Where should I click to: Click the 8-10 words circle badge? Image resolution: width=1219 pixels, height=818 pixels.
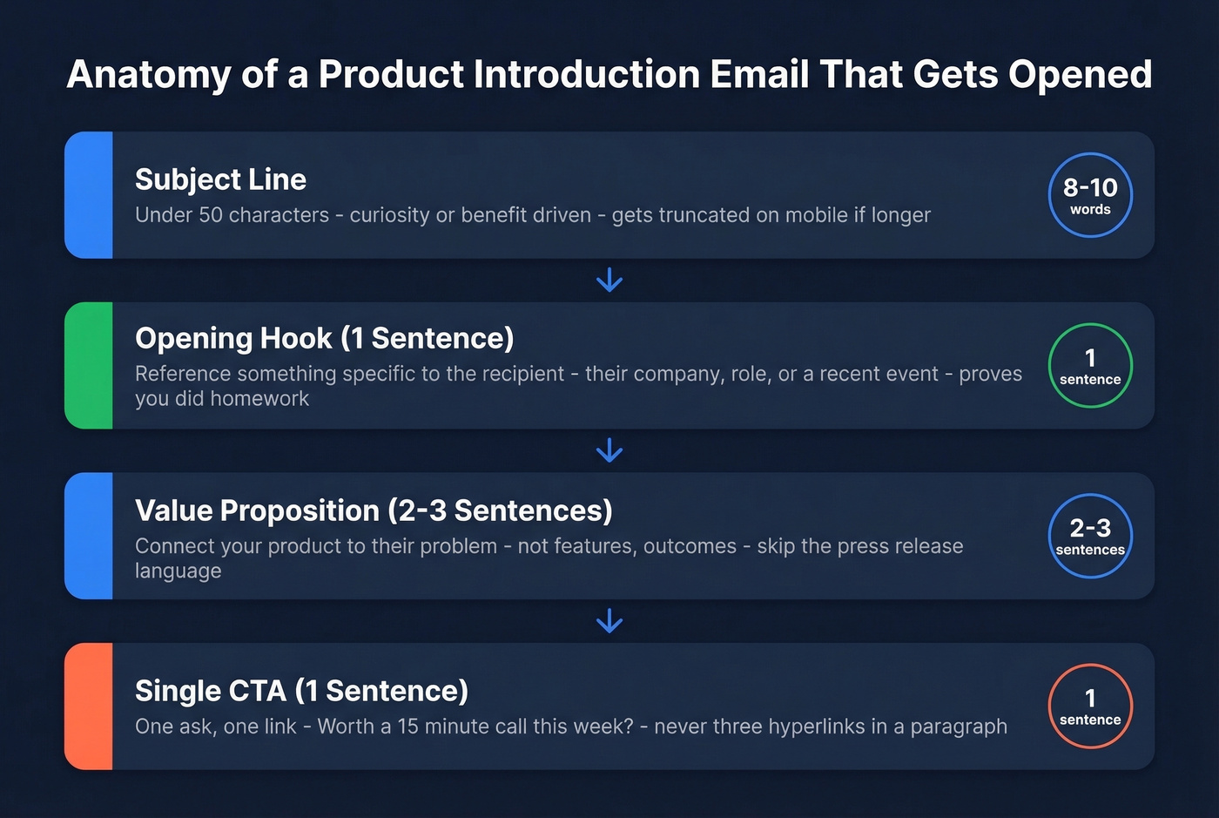click(x=1090, y=195)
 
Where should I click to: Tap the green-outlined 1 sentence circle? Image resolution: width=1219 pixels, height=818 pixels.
click(x=1090, y=366)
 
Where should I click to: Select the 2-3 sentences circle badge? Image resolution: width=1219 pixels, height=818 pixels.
click(x=1090, y=536)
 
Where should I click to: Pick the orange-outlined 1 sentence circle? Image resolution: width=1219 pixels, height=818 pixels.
click(x=1090, y=706)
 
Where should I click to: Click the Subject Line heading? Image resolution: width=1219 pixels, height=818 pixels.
click(x=220, y=179)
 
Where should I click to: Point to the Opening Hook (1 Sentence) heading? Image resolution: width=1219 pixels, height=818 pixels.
click(x=324, y=338)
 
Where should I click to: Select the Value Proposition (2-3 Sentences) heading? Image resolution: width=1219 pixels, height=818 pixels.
click(x=374, y=510)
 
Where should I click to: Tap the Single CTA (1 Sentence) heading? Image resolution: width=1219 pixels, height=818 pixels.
click(x=301, y=691)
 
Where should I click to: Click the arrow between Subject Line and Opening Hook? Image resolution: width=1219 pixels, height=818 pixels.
click(x=609, y=281)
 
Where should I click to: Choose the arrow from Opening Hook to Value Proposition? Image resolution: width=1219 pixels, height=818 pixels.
click(x=609, y=450)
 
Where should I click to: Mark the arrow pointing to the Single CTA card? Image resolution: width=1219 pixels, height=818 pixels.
click(x=609, y=621)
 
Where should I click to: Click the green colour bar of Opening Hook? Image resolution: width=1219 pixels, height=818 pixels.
click(x=89, y=366)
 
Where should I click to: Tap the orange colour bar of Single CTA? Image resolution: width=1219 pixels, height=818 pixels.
click(x=89, y=706)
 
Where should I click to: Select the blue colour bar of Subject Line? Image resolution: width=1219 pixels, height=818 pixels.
click(x=89, y=195)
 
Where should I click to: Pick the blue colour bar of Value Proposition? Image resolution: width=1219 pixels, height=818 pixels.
click(x=89, y=536)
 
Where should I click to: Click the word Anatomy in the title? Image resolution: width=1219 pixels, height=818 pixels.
click(x=149, y=76)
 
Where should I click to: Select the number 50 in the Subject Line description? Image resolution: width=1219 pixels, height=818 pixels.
click(x=211, y=215)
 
